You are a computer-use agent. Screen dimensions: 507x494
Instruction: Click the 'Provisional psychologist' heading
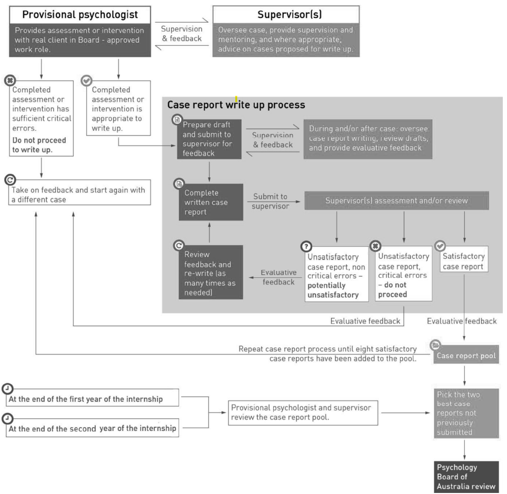point(80,15)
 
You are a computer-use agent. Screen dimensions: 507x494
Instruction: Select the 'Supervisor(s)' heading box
point(286,15)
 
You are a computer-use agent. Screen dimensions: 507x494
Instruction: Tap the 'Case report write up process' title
point(236,105)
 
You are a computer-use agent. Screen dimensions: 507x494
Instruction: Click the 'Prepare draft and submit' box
point(209,139)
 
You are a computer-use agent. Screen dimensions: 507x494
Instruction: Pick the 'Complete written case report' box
point(211,202)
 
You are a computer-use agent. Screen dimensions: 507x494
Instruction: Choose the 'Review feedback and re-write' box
point(211,273)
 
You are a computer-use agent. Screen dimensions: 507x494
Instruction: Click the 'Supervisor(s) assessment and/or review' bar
point(397,200)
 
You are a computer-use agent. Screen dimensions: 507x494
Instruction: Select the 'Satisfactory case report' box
point(464,259)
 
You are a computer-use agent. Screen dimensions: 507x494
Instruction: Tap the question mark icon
point(306,247)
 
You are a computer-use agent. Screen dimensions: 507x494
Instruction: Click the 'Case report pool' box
point(466,356)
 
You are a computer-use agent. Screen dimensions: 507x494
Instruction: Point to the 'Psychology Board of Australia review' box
point(466,477)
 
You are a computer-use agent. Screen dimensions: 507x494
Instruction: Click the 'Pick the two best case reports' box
point(466,414)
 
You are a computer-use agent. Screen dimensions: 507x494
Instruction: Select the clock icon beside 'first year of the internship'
point(8,389)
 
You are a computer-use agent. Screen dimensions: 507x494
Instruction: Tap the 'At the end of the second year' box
point(93,428)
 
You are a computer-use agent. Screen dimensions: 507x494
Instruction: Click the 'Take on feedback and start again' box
point(79,193)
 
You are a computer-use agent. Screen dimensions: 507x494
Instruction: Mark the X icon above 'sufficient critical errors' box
point(11,80)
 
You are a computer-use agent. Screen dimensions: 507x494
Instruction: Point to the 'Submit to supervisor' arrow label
point(270,201)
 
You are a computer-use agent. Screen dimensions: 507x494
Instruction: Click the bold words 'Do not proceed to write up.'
point(39,145)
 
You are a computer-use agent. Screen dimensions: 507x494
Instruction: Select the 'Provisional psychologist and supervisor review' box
point(303,413)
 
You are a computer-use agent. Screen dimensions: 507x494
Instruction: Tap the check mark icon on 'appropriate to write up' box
point(87,80)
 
